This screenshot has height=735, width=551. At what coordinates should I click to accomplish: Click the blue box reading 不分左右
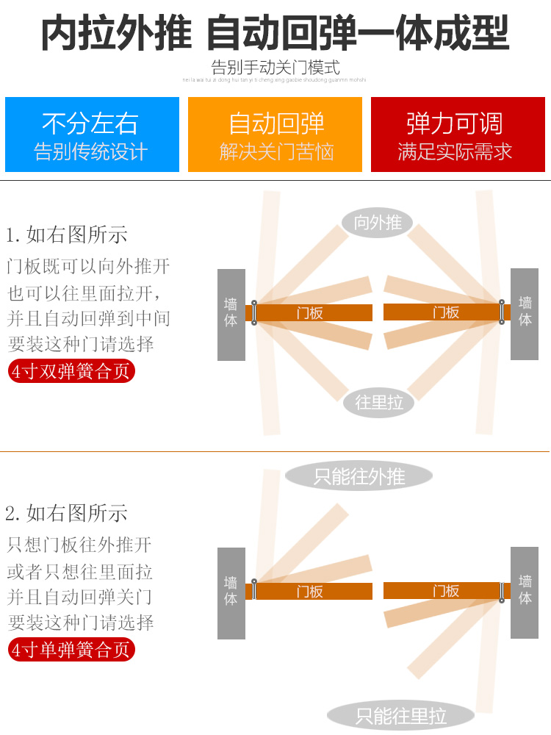pyautogui.click(x=92, y=135)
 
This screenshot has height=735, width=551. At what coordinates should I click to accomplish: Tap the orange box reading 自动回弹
pyautogui.click(x=275, y=135)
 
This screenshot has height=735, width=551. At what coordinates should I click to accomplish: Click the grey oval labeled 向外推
pyautogui.click(x=378, y=223)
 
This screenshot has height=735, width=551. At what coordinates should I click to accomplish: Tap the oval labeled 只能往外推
pyautogui.click(x=359, y=476)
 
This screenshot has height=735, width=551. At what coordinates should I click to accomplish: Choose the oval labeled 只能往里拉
pyautogui.click(x=400, y=715)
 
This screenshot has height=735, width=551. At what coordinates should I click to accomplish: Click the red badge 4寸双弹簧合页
pyautogui.click(x=71, y=370)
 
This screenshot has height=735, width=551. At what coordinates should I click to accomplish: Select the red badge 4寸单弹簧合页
pyautogui.click(x=71, y=650)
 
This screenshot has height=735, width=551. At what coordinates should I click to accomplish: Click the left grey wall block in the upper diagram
pyautogui.click(x=231, y=315)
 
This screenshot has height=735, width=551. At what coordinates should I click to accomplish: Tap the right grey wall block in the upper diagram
pyautogui.click(x=525, y=314)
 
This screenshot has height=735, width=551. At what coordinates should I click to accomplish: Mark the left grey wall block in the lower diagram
pyautogui.click(x=231, y=593)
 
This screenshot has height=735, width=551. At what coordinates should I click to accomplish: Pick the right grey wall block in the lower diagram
pyautogui.click(x=525, y=592)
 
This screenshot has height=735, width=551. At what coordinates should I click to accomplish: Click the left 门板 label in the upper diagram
pyautogui.click(x=310, y=313)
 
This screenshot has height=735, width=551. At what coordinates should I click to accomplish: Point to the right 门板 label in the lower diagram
pyautogui.click(x=446, y=591)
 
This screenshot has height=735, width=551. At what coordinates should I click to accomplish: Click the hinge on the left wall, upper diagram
pyautogui.click(x=254, y=312)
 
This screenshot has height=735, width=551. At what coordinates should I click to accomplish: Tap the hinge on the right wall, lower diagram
pyautogui.click(x=503, y=591)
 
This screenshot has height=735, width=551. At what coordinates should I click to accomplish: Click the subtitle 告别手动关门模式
pyautogui.click(x=275, y=68)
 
